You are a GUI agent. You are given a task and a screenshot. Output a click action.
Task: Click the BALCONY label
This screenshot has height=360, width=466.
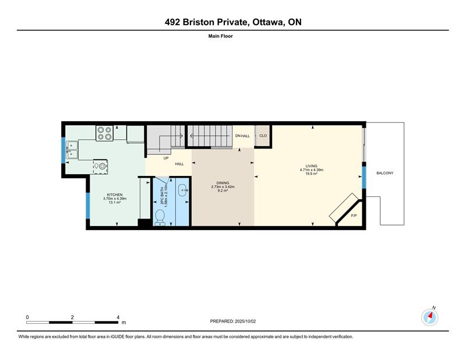tap(385, 173)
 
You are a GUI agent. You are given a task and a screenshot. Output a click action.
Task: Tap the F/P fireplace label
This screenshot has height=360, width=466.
tap(354, 216)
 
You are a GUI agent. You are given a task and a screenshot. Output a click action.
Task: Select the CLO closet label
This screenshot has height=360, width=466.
tap(263, 136)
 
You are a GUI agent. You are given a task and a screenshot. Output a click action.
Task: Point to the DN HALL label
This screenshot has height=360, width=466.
tap(242, 136)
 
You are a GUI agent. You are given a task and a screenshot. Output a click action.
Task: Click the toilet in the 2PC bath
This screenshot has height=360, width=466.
tap(160, 217)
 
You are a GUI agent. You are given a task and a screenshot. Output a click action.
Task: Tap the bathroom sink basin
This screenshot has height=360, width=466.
tap(182, 190)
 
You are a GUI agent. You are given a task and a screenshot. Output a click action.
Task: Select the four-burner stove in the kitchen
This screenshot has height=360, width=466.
tap(104, 133)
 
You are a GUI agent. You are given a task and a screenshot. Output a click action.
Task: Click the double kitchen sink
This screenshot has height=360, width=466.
tap(72, 150)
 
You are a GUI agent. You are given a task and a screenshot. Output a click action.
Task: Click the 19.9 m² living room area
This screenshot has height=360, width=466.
tap(312, 174)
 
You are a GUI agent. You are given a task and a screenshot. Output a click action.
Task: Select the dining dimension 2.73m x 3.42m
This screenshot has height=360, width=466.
tap(223, 186)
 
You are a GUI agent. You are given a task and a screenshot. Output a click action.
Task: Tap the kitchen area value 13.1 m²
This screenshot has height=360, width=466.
tap(115, 202)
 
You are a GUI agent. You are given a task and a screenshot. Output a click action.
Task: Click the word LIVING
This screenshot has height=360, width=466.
tap(312, 166)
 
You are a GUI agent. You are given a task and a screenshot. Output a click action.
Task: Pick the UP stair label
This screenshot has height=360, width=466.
tap(166, 158)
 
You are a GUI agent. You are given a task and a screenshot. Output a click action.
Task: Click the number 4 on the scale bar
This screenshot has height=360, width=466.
tap(118, 317)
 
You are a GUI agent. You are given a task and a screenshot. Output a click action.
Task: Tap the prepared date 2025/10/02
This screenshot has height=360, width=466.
tap(245, 321)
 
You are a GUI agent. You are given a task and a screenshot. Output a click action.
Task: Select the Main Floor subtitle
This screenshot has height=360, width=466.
tap(221, 36)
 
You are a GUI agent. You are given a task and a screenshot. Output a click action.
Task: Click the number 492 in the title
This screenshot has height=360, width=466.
tap(172, 22)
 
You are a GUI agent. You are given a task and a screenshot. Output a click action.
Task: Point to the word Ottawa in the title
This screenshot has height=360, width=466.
tap(267, 22)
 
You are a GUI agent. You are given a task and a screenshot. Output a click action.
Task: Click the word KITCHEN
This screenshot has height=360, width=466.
tap(115, 195)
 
